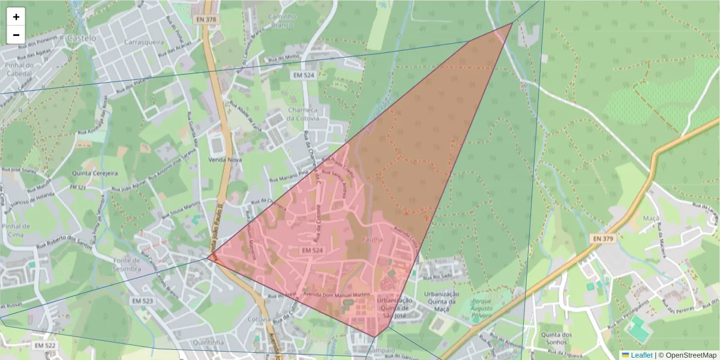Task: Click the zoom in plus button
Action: pos(16,17)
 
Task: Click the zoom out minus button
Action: pos(16,35)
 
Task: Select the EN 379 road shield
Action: pos(604,238)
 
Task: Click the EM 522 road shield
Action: pos(45,346)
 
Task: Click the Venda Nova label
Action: pos(224,160)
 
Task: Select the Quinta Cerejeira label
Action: pos(95,173)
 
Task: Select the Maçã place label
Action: pos(650,218)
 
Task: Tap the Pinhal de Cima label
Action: pos(16,230)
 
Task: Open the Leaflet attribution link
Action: pos(641,355)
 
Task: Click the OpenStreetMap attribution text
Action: pos(691,355)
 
